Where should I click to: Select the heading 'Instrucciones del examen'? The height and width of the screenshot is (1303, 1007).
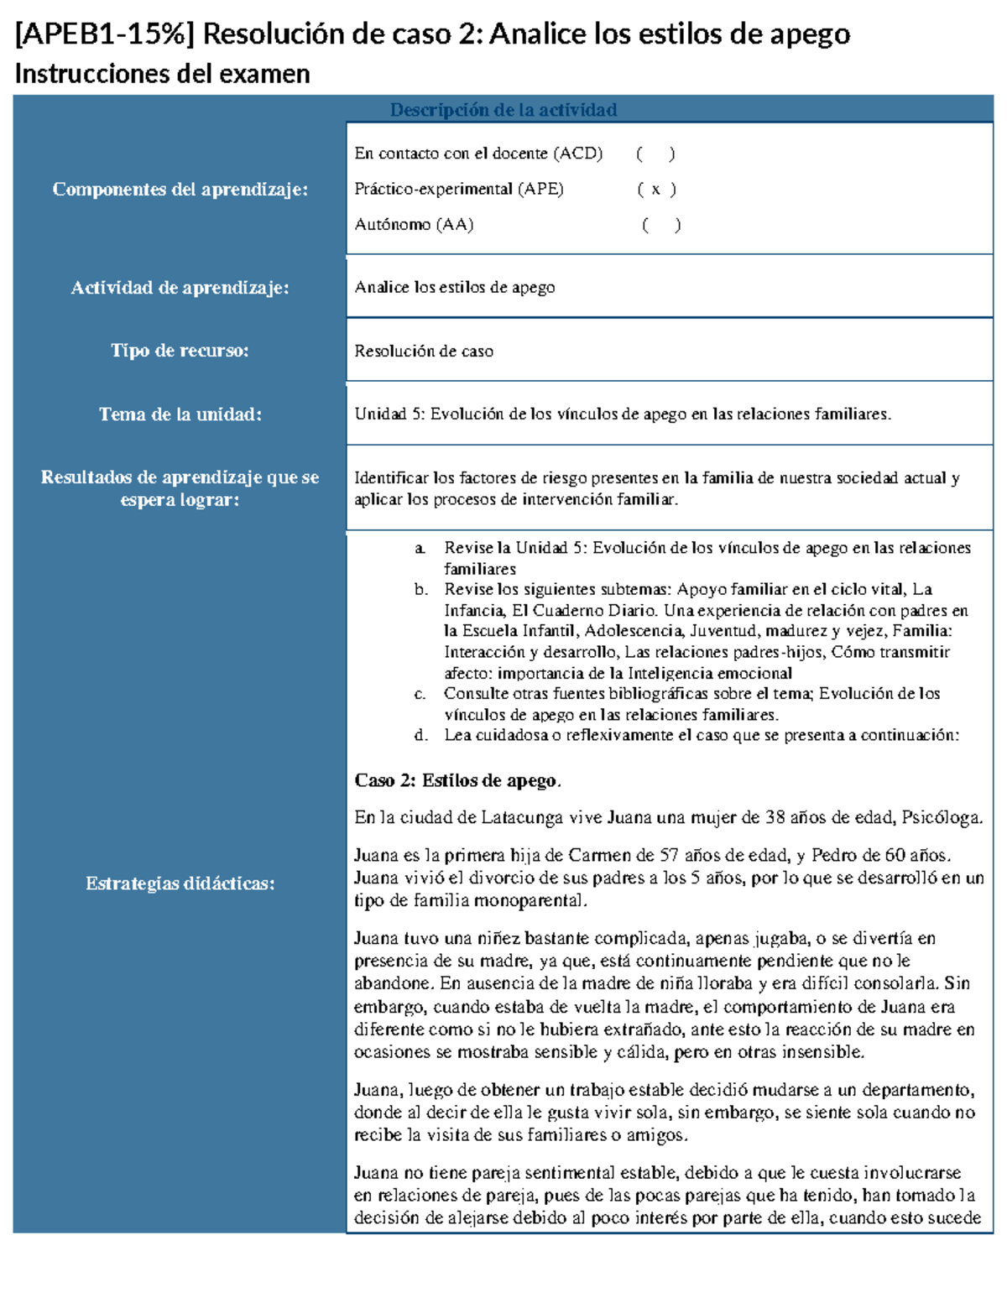pos(162,75)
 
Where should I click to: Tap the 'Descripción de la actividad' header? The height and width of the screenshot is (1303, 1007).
pos(503,110)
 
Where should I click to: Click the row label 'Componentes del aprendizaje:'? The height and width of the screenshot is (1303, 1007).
pos(180,190)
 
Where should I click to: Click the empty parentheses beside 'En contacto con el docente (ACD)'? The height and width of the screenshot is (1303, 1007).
pos(655,154)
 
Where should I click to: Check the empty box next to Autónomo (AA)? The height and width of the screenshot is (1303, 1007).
pos(660,225)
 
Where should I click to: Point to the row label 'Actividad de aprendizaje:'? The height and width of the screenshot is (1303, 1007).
pos(180,288)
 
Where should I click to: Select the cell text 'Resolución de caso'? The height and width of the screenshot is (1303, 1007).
pos(423,352)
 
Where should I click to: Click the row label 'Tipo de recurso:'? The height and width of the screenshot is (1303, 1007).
pos(180,351)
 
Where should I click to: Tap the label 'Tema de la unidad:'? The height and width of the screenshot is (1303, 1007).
pos(180,414)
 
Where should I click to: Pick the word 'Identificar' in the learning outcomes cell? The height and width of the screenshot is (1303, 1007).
pos(391,478)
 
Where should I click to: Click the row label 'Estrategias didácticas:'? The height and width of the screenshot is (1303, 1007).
pos(180,883)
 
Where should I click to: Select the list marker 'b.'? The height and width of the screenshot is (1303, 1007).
pos(420,590)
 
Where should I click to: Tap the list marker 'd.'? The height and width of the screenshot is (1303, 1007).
pos(420,736)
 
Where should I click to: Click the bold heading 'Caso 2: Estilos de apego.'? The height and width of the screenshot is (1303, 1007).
pos(457,781)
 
